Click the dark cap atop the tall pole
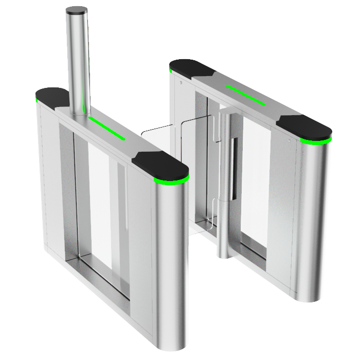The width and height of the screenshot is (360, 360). tap(77, 10)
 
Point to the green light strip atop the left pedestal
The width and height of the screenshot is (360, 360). tap(107, 128)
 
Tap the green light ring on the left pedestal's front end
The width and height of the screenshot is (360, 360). tap(172, 181)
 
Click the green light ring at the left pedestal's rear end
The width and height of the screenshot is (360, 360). tap(39, 101)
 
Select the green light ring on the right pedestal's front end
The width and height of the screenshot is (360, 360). tap(317, 140)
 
